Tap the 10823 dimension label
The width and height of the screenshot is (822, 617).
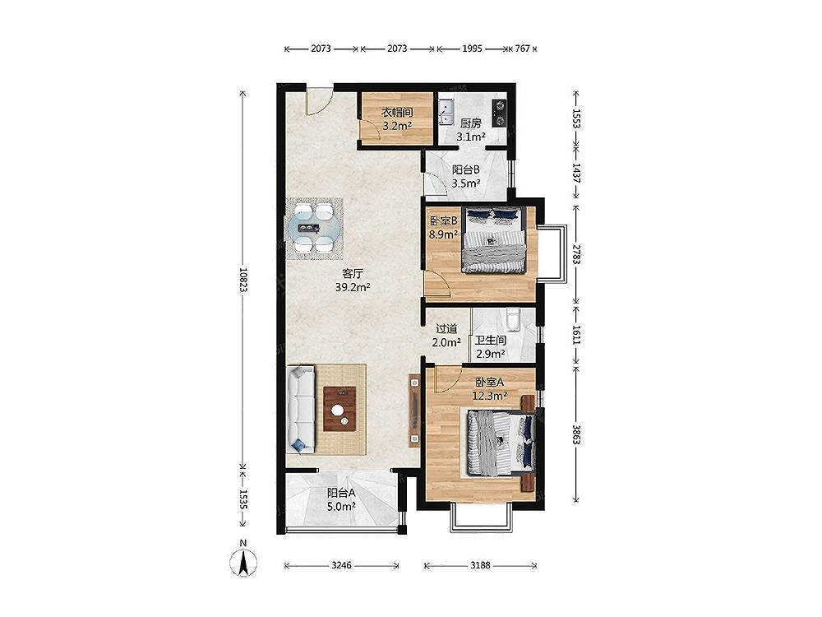242,286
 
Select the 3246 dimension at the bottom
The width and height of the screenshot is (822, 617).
341,566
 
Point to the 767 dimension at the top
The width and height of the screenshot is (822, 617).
522,49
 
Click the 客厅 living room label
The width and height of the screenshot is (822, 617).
353,274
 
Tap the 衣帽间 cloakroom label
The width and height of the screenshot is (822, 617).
397,112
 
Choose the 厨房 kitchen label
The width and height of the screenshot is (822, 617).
471,124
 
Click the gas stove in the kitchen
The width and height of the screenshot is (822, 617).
500,113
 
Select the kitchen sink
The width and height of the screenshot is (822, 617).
446,111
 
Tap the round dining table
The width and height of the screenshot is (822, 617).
313,228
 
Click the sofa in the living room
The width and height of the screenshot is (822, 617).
300,410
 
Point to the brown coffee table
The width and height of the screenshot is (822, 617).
339,409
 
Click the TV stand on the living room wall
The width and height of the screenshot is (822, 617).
414,411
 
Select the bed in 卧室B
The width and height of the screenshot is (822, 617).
494,239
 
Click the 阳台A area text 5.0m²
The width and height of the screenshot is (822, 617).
341,506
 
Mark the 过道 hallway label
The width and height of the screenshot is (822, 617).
446,329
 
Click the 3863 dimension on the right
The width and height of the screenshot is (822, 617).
576,434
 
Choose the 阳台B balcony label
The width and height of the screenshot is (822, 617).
466,170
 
